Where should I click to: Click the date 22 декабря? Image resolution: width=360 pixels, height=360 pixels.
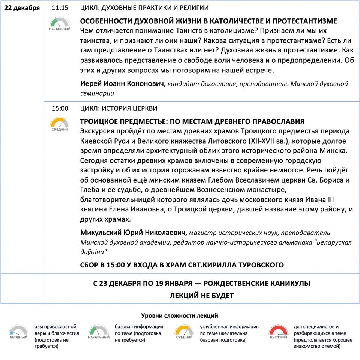22,8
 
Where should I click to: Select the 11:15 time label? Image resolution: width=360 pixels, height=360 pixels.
60,8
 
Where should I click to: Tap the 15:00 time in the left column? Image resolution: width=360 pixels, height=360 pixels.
60,108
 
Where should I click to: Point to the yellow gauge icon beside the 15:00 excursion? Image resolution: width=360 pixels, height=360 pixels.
60,124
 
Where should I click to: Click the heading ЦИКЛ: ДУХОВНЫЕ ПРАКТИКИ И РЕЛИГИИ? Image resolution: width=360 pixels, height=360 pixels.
145,8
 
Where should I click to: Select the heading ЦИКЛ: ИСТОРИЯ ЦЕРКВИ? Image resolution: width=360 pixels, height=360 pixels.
119,108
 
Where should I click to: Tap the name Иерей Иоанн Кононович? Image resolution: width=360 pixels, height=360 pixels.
123,84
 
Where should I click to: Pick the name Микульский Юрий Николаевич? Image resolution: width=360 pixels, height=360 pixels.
133,233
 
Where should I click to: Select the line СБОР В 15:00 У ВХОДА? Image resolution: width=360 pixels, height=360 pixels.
182,265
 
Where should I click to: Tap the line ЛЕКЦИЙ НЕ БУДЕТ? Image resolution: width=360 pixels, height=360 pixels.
201,295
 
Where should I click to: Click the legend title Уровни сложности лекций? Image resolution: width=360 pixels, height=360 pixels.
180,316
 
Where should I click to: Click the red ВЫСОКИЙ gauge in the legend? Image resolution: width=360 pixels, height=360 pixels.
279,331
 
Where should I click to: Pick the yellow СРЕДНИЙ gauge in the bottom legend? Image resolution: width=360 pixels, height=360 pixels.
184,331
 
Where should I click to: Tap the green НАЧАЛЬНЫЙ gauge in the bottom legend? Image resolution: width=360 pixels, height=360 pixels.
99,331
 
